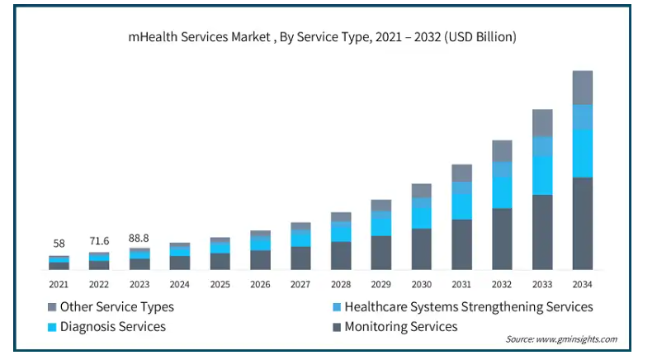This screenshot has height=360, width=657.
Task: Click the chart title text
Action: click(x=322, y=37)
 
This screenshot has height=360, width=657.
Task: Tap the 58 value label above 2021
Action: click(x=59, y=244)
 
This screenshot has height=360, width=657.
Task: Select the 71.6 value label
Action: click(x=99, y=241)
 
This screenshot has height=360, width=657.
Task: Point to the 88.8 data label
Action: click(x=139, y=239)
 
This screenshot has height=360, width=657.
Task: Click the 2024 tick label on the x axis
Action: click(x=179, y=285)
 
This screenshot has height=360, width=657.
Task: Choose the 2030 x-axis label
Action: click(x=421, y=285)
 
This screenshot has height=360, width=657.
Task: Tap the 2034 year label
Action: click(x=583, y=285)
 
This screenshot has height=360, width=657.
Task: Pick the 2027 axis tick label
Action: click(x=300, y=285)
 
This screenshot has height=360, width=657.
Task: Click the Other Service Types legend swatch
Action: click(x=52, y=307)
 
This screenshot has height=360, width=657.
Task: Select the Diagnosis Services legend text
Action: click(x=113, y=327)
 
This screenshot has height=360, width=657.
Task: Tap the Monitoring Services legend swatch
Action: click(x=337, y=327)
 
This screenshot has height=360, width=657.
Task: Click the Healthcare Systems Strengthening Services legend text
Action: click(x=469, y=307)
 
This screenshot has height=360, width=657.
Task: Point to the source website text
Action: click(x=561, y=339)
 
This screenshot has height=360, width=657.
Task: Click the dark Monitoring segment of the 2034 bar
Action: click(x=583, y=224)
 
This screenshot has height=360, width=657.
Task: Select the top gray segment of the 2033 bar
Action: click(x=542, y=123)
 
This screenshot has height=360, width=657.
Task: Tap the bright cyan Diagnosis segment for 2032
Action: click(x=502, y=192)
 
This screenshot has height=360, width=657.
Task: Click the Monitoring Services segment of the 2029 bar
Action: click(x=380, y=253)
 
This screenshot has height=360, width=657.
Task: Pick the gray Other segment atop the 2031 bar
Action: click(x=461, y=173)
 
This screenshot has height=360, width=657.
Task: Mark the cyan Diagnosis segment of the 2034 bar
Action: click(x=583, y=154)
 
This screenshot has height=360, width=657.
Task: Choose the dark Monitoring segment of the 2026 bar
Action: click(x=260, y=260)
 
